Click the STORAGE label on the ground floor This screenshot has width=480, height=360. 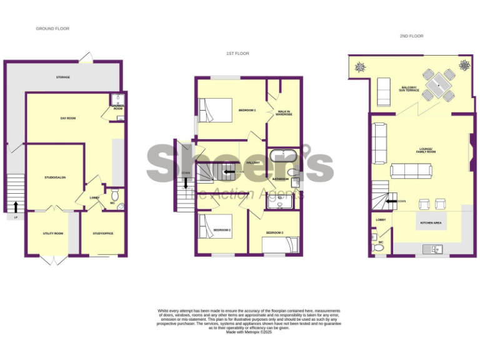(x=62, y=77)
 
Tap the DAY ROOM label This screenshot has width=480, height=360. (x=67, y=118)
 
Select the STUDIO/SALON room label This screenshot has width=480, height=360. (x=55, y=177)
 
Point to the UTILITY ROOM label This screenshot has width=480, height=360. (x=53, y=233)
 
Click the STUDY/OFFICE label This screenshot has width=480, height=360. (x=102, y=233)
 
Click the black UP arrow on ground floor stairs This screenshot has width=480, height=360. (x=15, y=205)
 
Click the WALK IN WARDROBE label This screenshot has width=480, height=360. (x=284, y=113)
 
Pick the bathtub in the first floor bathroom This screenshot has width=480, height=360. (x=284, y=155)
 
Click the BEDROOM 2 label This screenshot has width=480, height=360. (x=222, y=230)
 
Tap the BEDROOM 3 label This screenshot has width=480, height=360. (x=274, y=233)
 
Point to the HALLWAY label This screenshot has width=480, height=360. (x=253, y=162)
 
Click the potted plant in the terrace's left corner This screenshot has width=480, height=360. (x=361, y=66)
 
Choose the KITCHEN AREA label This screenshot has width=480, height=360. (x=431, y=222)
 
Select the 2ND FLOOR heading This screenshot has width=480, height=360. (x=411, y=36)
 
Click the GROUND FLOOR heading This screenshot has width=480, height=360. (x=52, y=29)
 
